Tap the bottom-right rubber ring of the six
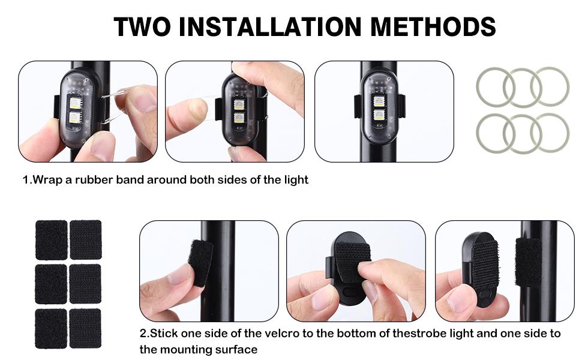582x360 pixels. point(550,133)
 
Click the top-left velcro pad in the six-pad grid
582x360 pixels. point(51,239)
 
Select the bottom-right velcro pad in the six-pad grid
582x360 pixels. point(85,328)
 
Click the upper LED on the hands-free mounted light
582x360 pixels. point(379,100)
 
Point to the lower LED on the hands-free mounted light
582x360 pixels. point(379,115)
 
